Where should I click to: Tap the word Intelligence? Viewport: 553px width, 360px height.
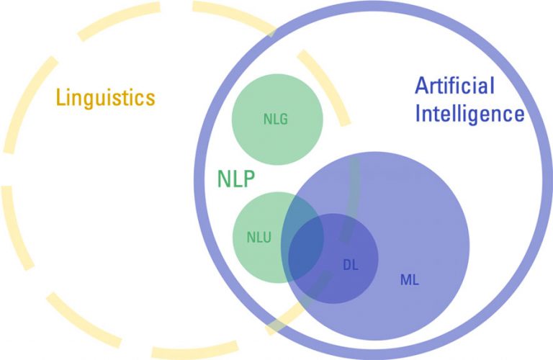point(469,113)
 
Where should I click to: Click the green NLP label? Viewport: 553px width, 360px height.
point(236,179)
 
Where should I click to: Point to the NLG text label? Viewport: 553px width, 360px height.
point(275,120)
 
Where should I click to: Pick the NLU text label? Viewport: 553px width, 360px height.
point(258,236)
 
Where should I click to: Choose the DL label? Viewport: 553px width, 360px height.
point(350,264)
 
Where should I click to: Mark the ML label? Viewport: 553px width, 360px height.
point(409,279)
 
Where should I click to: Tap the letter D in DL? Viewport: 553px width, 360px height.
point(346,264)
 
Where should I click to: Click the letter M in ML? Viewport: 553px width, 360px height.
point(405,279)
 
